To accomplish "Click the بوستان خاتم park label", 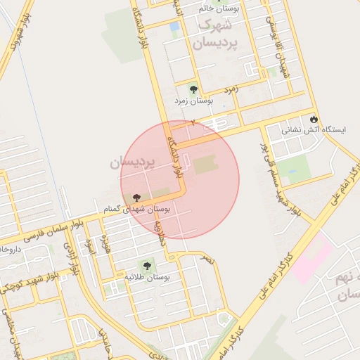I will (x=218, y=8).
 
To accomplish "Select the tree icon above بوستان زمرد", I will (x=194, y=89).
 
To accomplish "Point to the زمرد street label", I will (x=232, y=90).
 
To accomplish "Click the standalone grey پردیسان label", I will (x=131, y=163).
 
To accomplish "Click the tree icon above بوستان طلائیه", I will (x=147, y=265).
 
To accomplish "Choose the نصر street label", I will (x=207, y=259).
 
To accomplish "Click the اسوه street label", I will (x=89, y=246).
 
